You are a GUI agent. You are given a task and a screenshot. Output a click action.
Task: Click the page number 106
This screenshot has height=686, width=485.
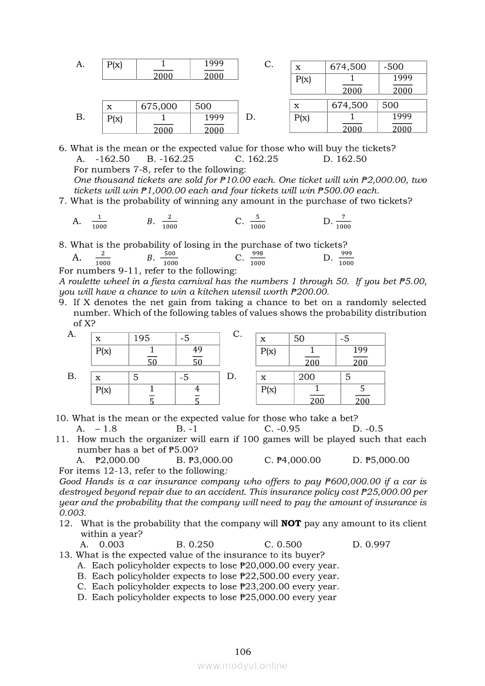[242, 651]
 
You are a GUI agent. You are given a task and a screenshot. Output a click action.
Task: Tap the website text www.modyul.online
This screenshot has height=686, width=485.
[242, 665]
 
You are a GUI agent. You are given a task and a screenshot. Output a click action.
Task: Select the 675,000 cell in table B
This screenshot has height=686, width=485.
[159, 106]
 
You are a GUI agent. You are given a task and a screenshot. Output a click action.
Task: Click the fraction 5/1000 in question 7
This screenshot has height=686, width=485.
[257, 221]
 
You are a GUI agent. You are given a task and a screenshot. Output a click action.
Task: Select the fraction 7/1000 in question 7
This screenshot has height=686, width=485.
[343, 221]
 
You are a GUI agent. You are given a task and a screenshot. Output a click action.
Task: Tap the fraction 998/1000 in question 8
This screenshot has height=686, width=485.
[257, 258]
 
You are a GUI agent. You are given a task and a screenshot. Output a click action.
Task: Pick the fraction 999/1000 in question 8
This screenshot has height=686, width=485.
[346, 258]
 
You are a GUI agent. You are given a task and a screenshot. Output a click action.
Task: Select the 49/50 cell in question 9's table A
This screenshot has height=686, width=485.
[197, 356]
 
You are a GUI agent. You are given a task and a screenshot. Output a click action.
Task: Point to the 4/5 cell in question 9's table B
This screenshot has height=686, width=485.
[197, 394]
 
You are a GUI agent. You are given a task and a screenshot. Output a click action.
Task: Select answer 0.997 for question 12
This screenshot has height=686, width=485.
[378, 544]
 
